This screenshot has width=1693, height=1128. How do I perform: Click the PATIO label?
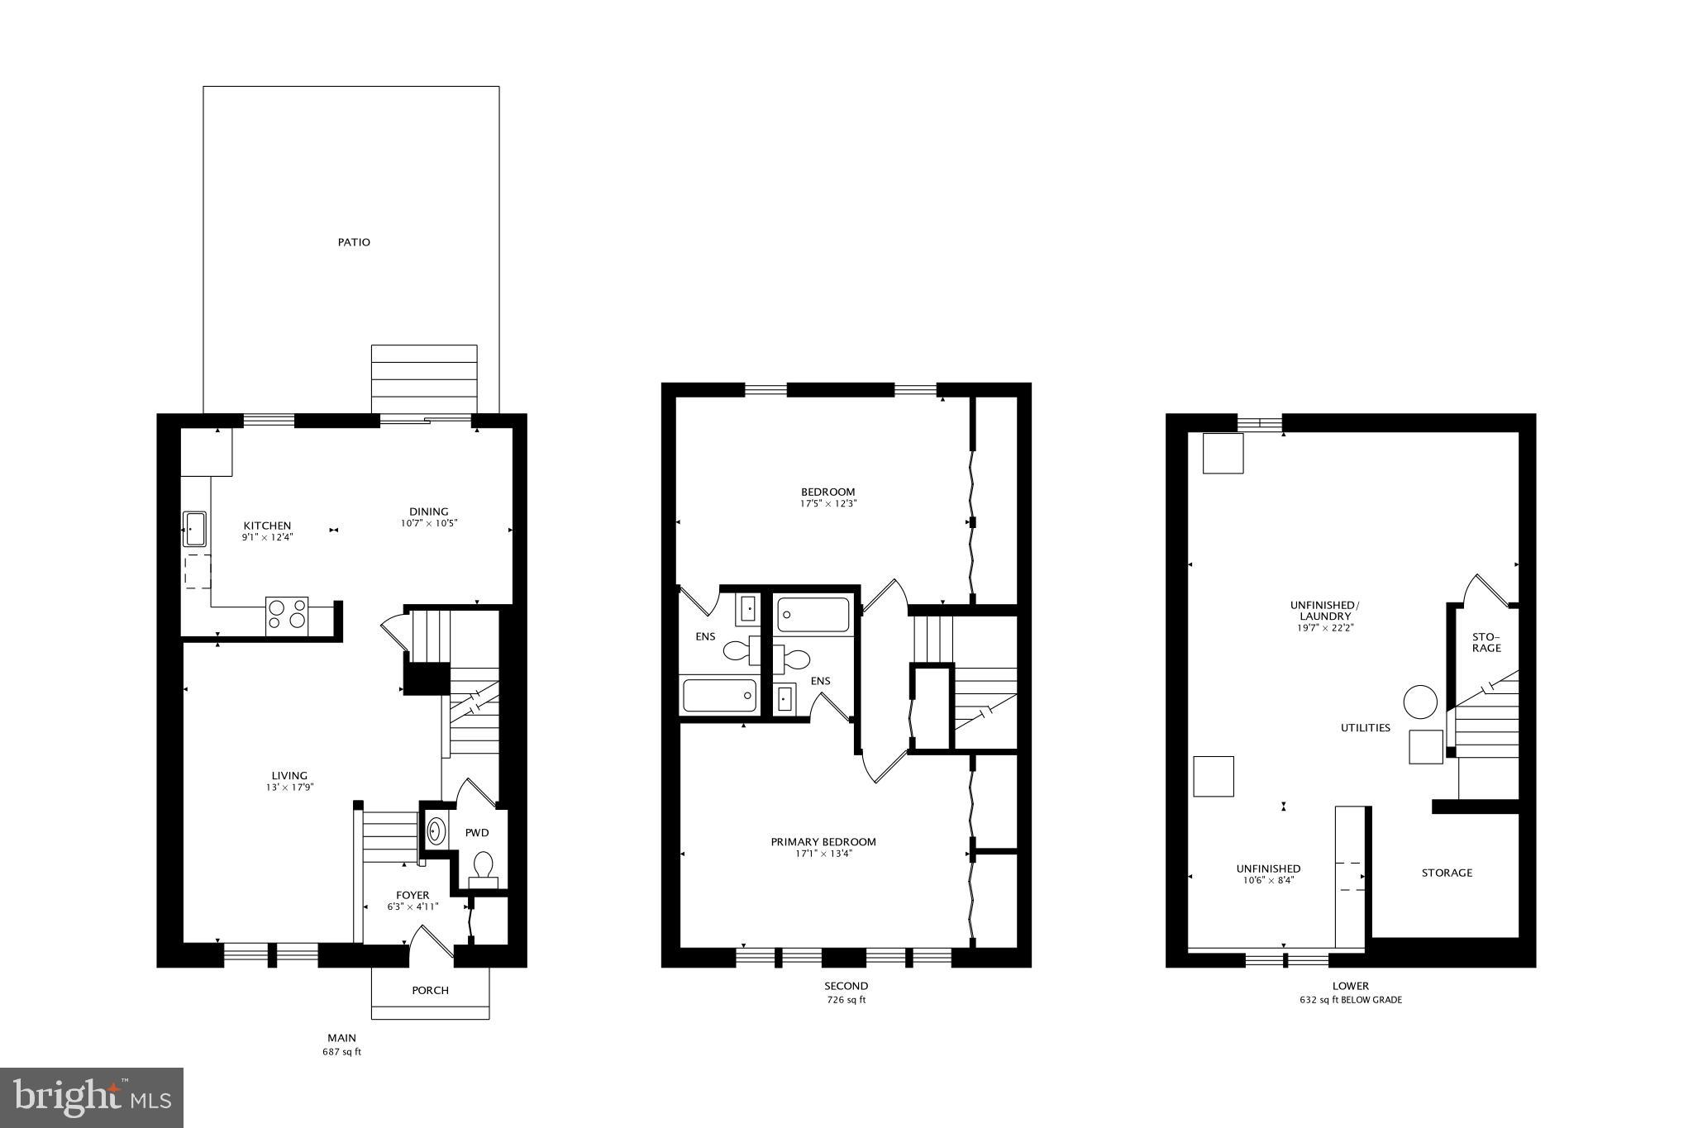pos(354,242)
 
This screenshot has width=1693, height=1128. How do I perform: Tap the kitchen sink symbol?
pos(194,529)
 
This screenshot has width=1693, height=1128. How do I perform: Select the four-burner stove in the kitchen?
pos(287,616)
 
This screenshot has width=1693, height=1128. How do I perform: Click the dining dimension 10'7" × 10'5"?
pos(429,523)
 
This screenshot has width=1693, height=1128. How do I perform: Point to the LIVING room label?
pos(289,775)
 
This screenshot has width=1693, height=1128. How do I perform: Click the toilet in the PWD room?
pos(483,868)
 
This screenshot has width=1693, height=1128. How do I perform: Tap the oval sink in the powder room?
pos(436,831)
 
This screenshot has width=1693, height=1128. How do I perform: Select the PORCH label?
pos(430,990)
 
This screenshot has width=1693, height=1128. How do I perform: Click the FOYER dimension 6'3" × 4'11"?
pos(413,907)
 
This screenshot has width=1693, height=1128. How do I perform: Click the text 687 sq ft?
pos(341,1052)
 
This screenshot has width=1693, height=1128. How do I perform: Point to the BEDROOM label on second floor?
pos(827,492)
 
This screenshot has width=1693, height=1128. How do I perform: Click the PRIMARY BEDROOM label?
pos(823,842)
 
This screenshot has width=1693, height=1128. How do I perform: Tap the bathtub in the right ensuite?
pos(813,615)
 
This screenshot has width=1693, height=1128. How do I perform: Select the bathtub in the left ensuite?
pos(719,695)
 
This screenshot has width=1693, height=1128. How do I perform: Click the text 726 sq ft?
pos(846,1000)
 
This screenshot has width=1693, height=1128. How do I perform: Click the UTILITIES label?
pos(1365,728)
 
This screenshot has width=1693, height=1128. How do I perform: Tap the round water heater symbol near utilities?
pos(1420,702)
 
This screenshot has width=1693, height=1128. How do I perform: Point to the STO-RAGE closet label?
pos(1486,642)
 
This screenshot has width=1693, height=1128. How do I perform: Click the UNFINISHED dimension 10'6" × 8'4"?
pos(1268,880)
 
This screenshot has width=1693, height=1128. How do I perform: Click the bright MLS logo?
pos(92,1097)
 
